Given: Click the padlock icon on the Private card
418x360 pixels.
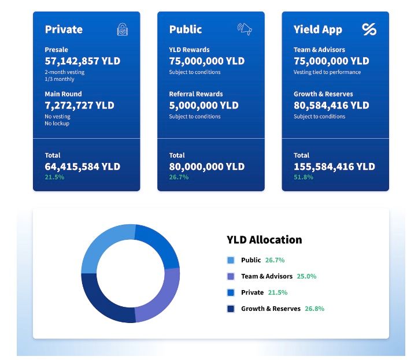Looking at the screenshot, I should point(123,29).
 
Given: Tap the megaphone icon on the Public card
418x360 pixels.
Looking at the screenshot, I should point(245,29).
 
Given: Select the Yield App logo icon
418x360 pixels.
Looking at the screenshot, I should point(369,29).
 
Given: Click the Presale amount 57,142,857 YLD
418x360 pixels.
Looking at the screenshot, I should point(83,61).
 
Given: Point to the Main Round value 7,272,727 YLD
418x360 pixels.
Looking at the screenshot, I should point(80,105).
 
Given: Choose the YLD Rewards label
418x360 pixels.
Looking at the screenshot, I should point(190,50).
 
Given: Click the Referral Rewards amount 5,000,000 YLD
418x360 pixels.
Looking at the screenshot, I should point(204,105).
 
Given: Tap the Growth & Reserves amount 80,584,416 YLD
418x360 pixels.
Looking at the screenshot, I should point(331,105).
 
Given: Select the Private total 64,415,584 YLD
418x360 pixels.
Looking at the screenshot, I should point(83,166).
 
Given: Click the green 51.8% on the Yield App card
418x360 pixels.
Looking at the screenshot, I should point(304,177).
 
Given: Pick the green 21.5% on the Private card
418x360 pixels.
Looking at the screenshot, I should point(55,177).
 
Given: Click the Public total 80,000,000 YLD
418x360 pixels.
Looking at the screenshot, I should point(207,166).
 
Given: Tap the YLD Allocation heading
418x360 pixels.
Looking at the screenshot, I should point(264,239).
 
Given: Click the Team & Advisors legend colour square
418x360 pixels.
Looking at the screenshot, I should point(231,276).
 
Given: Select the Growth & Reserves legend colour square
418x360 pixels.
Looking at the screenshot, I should point(231,309).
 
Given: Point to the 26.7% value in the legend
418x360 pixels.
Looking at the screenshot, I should point(275,260).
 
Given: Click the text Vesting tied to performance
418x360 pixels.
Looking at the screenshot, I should point(327,72).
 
